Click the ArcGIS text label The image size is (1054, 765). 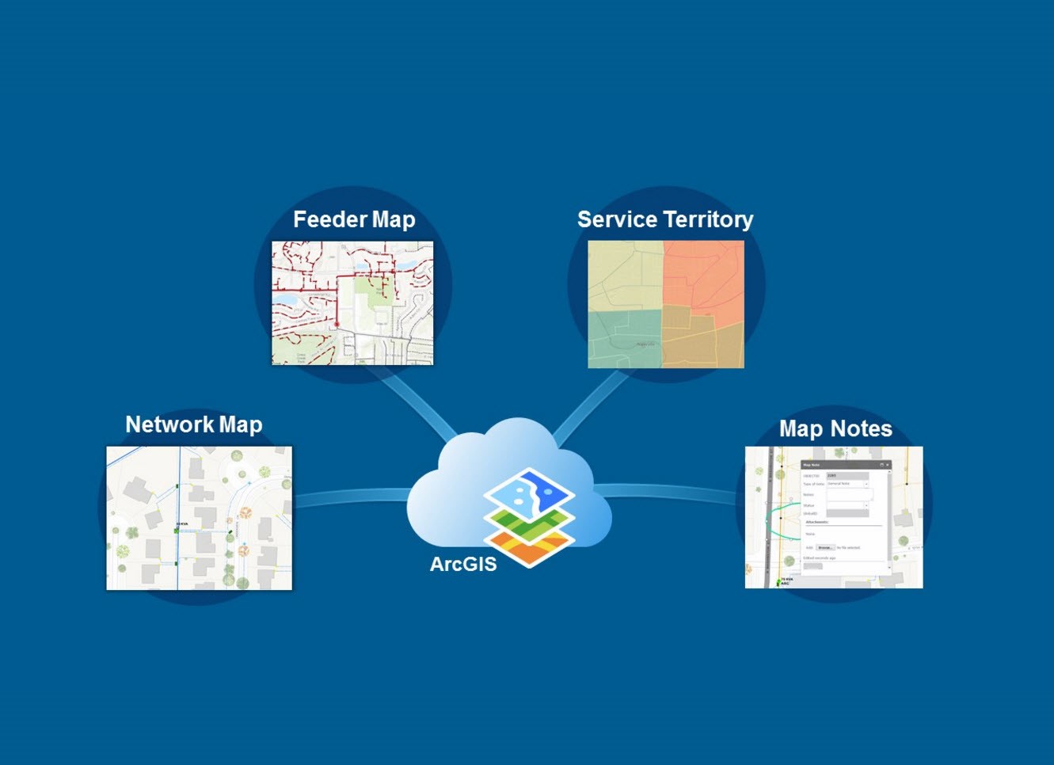coord(463,565)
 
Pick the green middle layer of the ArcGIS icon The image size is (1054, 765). coord(529,523)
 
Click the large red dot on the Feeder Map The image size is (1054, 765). coord(337,324)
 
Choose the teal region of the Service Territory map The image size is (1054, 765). coord(622,339)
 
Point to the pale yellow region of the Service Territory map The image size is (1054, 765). coord(624,273)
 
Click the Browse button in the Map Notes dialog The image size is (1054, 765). coord(825,547)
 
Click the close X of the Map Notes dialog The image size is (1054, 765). coord(888,465)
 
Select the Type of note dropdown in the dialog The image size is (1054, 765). coord(847,484)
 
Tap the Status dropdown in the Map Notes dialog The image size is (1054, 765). coord(847,505)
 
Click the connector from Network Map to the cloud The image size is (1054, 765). coord(352,497)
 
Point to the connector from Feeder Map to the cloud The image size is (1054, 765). coord(416,405)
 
